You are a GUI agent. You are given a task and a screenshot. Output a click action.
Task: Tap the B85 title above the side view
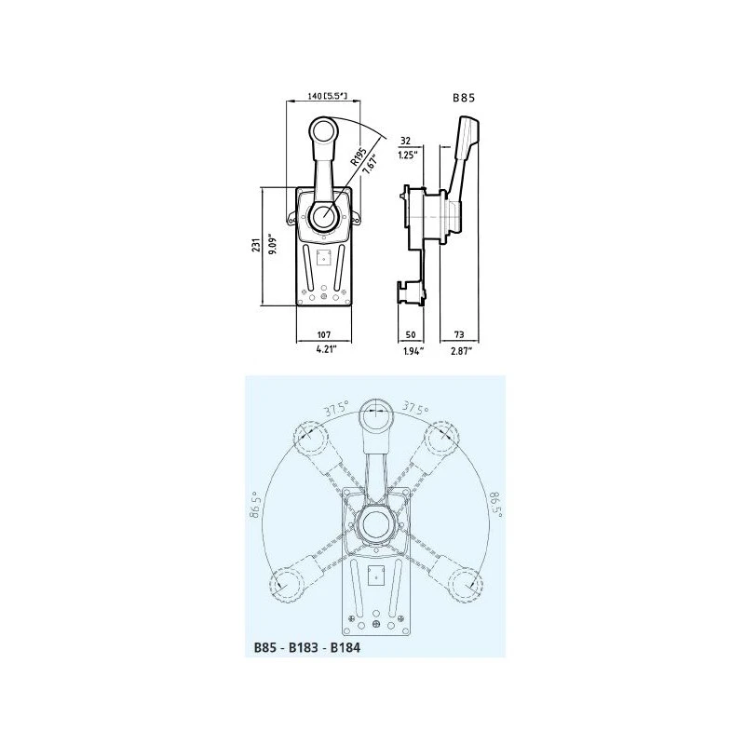click(x=464, y=96)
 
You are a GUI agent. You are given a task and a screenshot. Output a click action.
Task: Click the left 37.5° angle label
click(x=337, y=408)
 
